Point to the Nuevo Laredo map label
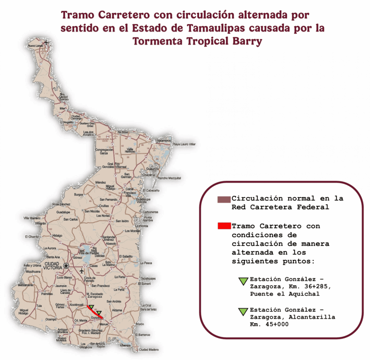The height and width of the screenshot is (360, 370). tap(35, 46)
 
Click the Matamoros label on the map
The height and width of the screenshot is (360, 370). tap(163, 141)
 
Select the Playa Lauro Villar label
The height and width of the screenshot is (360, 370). tap(184, 144)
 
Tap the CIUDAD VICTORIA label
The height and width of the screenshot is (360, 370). tap(53, 266)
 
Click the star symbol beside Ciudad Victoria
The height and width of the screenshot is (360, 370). tap(66, 266)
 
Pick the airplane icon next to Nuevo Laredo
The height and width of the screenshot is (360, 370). tap(46, 42)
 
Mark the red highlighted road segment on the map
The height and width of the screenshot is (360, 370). tap(95, 312)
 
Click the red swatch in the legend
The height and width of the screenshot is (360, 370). tap(224, 226)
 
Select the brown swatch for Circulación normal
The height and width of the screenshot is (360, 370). tap(224, 199)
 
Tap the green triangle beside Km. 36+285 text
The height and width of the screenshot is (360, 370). tap(243, 281)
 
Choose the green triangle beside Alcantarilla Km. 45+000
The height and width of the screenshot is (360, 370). tap(243, 312)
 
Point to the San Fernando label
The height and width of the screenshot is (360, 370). tap(108, 200)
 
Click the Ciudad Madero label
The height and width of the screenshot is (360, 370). tap(149, 350)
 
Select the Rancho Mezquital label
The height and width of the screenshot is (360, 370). tap(170, 178)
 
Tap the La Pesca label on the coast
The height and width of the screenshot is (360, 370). tap(146, 263)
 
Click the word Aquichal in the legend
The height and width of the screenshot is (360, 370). tap(304, 294)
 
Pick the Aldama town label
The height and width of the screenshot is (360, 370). tap(117, 310)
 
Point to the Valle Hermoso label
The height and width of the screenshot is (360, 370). tap(130, 150)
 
